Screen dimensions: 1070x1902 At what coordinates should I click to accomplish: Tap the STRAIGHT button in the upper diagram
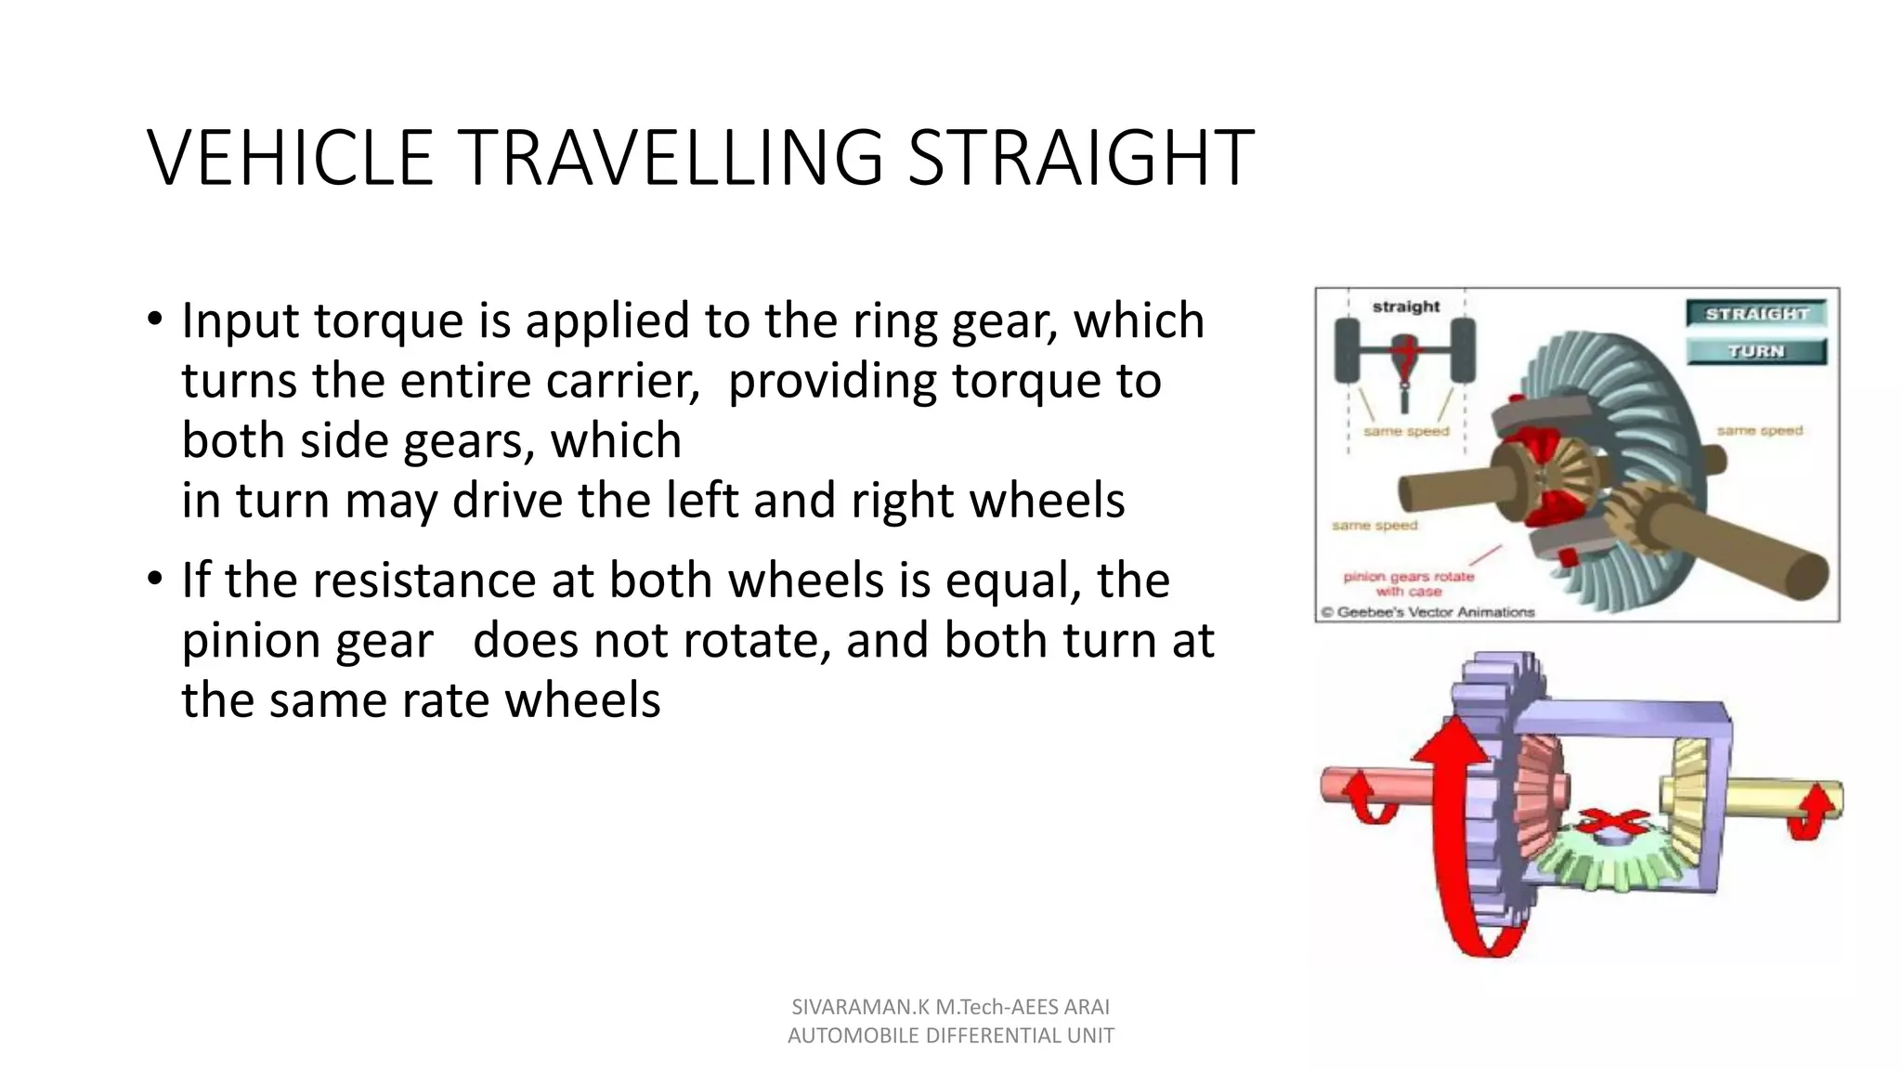point(1756,314)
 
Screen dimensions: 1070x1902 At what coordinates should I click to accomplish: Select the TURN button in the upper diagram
point(1756,351)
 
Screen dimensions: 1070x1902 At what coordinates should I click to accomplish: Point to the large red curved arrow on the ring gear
point(1454,836)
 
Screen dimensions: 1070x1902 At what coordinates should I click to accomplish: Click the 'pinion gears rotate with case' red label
point(1408,583)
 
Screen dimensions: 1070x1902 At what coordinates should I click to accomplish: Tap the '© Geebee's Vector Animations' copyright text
point(1428,612)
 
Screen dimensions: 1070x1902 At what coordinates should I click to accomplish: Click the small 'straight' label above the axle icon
point(1405,306)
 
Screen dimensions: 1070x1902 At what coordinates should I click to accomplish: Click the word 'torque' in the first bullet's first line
point(388,321)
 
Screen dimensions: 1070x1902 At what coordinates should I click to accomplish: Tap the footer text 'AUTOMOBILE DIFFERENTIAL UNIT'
point(950,1036)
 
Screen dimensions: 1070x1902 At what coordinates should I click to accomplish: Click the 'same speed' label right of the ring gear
point(1759,431)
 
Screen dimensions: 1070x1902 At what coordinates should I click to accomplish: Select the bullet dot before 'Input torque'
point(155,319)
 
